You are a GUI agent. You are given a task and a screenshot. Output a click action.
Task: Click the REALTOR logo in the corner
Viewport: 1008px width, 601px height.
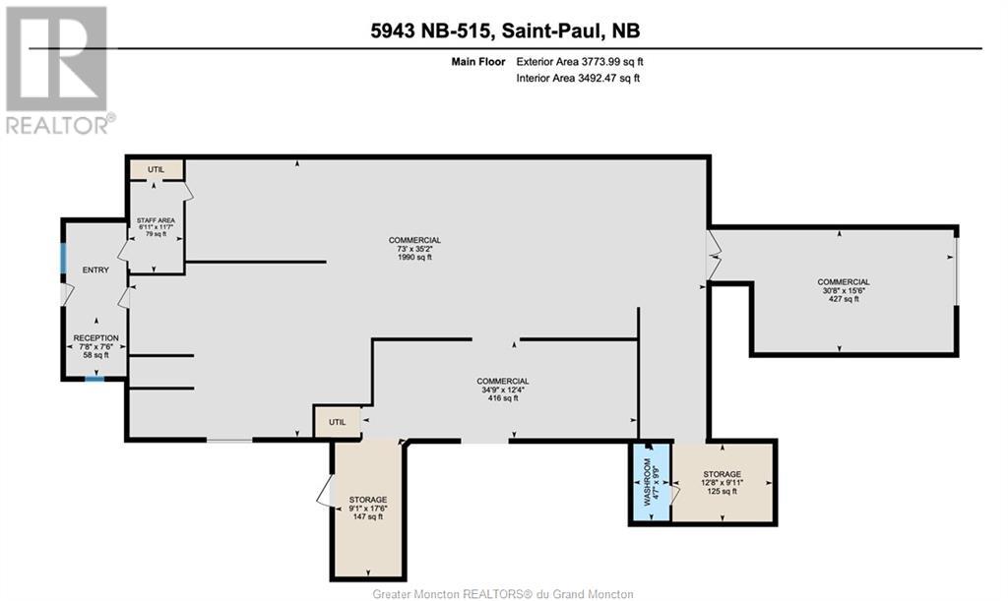tap(58, 69)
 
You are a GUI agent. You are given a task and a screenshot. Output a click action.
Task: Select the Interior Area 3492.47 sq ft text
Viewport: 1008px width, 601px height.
tap(578, 79)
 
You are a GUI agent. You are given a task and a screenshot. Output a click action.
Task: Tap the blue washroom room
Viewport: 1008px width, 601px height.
tap(650, 484)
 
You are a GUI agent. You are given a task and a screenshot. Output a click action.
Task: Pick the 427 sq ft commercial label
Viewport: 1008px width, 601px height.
tap(843, 299)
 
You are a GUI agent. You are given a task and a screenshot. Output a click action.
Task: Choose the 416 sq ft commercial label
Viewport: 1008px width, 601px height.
tap(503, 398)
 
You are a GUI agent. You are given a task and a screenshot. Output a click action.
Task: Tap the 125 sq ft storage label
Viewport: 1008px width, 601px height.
tap(723, 491)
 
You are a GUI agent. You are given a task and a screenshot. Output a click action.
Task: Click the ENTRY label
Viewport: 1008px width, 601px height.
tap(95, 270)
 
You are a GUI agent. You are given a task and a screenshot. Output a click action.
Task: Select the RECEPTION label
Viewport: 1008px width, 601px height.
tap(96, 338)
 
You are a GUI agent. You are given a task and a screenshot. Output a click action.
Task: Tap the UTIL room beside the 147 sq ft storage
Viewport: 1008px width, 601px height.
tap(338, 422)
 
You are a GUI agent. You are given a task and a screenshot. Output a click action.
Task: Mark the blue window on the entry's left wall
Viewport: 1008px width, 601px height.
tap(64, 260)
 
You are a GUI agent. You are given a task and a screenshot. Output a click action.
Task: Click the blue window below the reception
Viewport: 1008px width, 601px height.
tap(94, 378)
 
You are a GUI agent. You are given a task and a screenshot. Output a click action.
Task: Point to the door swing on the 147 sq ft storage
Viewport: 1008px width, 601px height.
tap(325, 492)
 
